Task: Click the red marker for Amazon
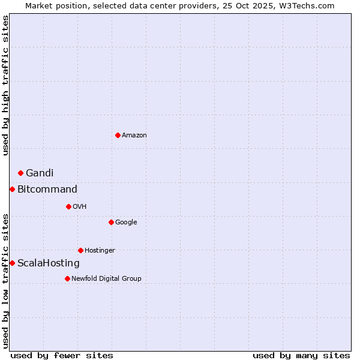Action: pos(118,135)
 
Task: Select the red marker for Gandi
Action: pos(20,173)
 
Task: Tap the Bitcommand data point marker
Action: pos(12,189)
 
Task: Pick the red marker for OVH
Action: pos(68,206)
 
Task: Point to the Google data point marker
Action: pos(111,222)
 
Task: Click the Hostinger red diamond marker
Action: pos(80,250)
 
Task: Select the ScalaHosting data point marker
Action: pos(12,263)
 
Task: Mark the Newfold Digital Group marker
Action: pos(67,278)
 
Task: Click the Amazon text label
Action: pos(134,136)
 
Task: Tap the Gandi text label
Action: pos(40,173)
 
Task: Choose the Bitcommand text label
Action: pos(47,190)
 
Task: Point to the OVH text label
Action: pos(80,207)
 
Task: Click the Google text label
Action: pos(126,223)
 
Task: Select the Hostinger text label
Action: pos(100,251)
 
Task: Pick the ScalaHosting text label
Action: pos(49,263)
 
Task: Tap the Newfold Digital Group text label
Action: pos(106,279)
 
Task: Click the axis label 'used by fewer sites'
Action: pos(62,355)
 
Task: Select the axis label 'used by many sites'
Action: pos(301,355)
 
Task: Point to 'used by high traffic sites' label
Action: pos(5,85)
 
